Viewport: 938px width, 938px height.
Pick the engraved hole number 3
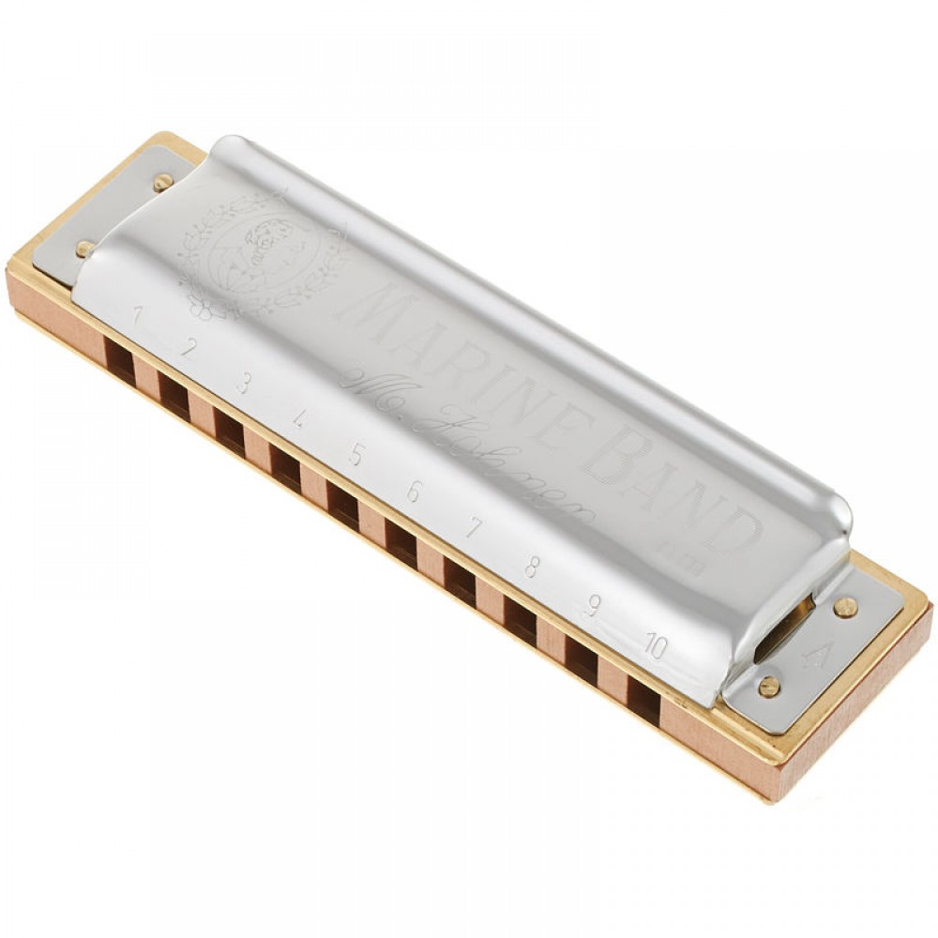tap(244, 382)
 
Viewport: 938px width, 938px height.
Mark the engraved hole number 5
tap(356, 455)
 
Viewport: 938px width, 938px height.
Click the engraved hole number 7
tap(474, 529)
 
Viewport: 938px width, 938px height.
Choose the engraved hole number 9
tap(592, 605)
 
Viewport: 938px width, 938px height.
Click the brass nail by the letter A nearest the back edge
tap(844, 607)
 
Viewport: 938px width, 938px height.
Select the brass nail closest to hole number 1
tap(85, 249)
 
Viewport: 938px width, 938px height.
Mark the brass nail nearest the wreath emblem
tap(163, 182)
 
